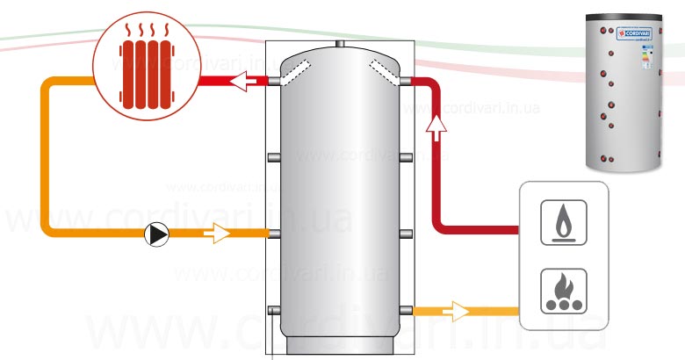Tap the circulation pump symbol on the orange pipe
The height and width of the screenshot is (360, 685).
(x=157, y=234)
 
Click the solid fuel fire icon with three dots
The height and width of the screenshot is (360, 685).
(x=561, y=289)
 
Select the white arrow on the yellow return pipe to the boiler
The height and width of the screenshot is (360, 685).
(x=457, y=310)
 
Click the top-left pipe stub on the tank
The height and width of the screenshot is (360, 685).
(x=273, y=82)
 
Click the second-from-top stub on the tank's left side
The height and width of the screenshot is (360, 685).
(x=273, y=157)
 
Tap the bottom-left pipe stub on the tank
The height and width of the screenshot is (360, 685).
(x=273, y=310)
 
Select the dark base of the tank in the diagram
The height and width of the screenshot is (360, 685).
(x=340, y=342)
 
